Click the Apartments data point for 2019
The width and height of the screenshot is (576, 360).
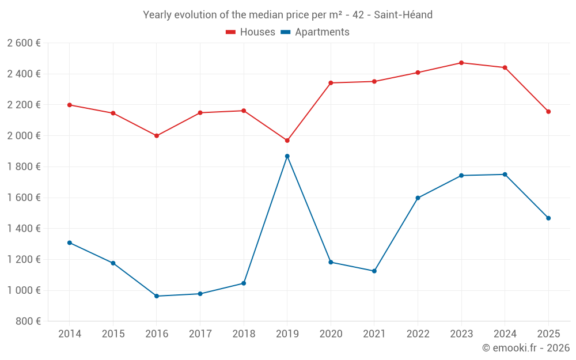tap(287, 156)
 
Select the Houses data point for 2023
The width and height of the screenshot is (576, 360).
tap(461, 63)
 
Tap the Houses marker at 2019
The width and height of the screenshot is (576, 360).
tap(287, 141)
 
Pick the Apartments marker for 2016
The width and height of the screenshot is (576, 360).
tap(157, 296)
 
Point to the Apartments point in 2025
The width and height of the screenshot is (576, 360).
tap(548, 218)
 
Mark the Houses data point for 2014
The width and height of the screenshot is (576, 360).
tap(70, 105)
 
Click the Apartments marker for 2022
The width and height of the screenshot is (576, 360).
tap(418, 198)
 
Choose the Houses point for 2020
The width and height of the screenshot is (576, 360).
tap(331, 83)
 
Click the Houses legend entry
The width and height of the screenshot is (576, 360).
tap(251, 32)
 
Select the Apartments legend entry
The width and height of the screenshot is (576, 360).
tap(315, 32)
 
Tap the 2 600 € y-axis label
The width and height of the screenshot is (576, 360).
tap(24, 43)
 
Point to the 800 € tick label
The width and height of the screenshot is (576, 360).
tap(28, 321)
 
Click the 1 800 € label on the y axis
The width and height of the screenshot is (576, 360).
tap(24, 166)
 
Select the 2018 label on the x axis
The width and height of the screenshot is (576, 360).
tap(244, 334)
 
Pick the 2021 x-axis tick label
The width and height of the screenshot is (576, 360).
tap(374, 334)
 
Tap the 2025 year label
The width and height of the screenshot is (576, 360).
tap(548, 334)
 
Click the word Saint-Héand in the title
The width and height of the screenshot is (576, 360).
tap(403, 15)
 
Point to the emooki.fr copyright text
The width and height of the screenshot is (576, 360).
tap(526, 348)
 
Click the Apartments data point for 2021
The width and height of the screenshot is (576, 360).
tap(374, 271)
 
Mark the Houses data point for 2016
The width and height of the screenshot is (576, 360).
tap(157, 136)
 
